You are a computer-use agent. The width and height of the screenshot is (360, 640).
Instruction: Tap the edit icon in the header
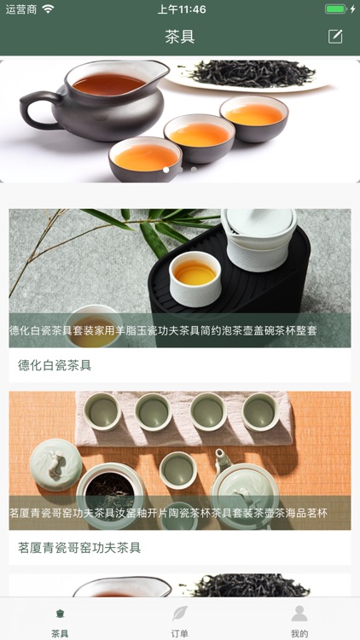(x=335, y=36)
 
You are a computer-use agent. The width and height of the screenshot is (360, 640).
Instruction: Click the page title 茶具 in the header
(x=179, y=37)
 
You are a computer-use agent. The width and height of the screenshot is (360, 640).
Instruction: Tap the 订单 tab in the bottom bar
(x=179, y=620)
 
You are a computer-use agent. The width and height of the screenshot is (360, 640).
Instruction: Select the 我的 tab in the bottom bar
(x=299, y=620)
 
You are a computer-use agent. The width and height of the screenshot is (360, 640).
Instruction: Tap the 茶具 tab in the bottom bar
(x=60, y=620)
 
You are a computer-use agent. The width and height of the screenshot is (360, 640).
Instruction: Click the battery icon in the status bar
(x=337, y=9)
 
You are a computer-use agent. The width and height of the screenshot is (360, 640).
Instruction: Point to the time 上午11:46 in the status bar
(x=182, y=9)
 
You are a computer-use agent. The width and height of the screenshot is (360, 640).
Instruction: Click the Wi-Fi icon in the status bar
(x=48, y=9)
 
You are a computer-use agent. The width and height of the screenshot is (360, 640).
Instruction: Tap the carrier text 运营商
(x=21, y=9)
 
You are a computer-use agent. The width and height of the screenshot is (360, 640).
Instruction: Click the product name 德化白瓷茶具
(x=55, y=365)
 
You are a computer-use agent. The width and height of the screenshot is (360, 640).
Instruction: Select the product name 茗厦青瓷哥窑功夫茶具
(x=79, y=547)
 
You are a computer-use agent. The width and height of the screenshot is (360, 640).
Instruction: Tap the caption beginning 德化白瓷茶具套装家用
(x=163, y=330)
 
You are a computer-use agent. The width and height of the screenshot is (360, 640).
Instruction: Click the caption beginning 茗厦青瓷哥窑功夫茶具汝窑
(x=168, y=513)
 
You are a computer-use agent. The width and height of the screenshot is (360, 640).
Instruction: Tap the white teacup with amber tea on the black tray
(x=195, y=277)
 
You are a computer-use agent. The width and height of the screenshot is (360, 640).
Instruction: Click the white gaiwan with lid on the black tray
(x=258, y=239)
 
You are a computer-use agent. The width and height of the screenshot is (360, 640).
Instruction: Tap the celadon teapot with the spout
(x=243, y=486)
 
